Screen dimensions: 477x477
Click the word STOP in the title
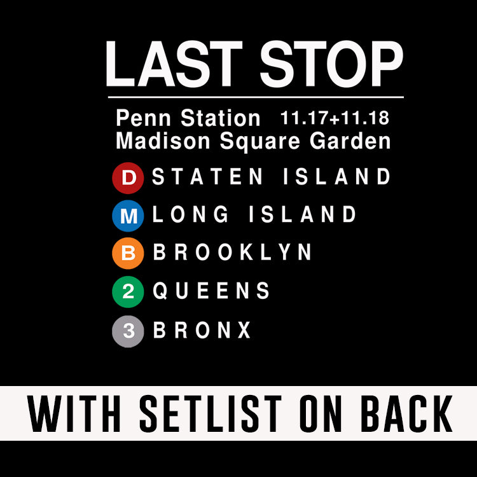pos(331,64)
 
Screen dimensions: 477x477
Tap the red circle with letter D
pos(128,178)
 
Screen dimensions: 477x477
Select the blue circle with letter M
pos(128,216)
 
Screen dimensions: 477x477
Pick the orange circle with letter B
pos(128,254)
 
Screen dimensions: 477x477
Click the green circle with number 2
pos(128,292)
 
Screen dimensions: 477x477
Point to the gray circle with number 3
pos(128,331)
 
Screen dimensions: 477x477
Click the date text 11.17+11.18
pos(335,118)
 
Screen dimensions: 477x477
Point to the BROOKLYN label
pos(233,253)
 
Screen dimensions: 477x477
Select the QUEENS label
pos(212,291)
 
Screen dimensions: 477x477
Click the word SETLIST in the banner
pos(212,413)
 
